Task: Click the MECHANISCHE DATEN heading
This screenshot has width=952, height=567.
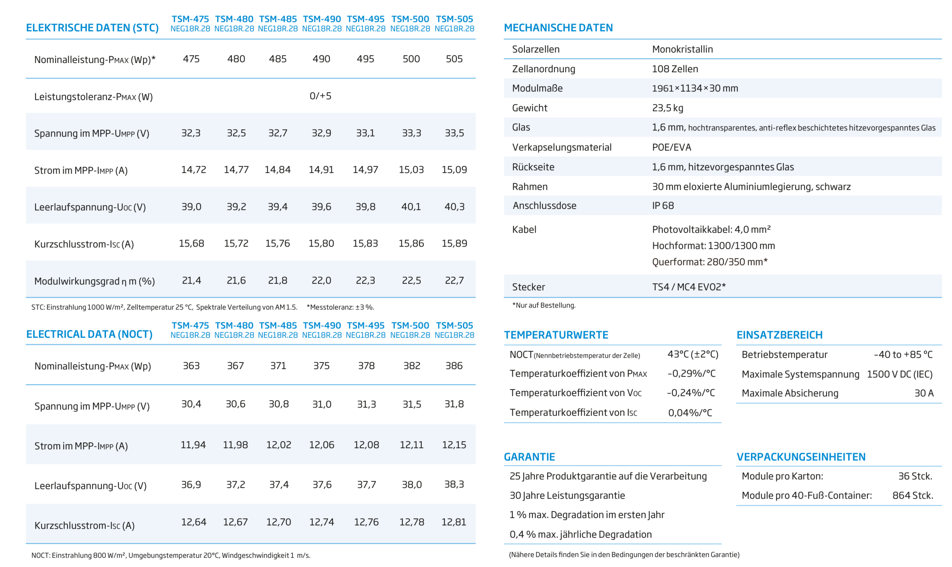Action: click(x=558, y=28)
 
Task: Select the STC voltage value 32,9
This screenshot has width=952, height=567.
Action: click(x=321, y=133)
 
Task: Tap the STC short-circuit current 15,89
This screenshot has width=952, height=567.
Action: click(x=454, y=243)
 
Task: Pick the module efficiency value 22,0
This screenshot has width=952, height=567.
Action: click(x=321, y=280)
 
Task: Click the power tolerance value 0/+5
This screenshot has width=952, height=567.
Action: click(x=320, y=96)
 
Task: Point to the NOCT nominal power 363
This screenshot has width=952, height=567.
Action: click(x=191, y=366)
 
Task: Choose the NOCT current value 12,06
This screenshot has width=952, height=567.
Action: click(x=321, y=445)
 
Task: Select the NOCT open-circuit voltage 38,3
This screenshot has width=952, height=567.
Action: click(x=454, y=484)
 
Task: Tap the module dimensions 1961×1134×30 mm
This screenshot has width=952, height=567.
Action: click(x=695, y=88)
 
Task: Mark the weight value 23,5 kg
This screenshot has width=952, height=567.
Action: click(x=667, y=108)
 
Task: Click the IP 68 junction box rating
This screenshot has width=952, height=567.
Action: click(x=663, y=205)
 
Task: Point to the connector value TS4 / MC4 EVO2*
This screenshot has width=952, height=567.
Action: click(x=688, y=287)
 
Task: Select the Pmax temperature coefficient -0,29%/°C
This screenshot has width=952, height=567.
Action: click(x=692, y=373)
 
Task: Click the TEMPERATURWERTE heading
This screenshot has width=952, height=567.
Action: click(x=556, y=335)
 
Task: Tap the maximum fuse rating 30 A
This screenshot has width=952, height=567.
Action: click(x=924, y=393)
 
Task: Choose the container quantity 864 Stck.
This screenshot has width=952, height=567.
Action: click(x=912, y=495)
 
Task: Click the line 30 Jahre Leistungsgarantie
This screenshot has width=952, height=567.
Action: click(x=567, y=495)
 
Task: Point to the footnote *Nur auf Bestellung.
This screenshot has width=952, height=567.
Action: click(x=543, y=305)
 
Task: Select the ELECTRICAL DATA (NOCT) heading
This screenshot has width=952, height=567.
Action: click(x=89, y=334)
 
